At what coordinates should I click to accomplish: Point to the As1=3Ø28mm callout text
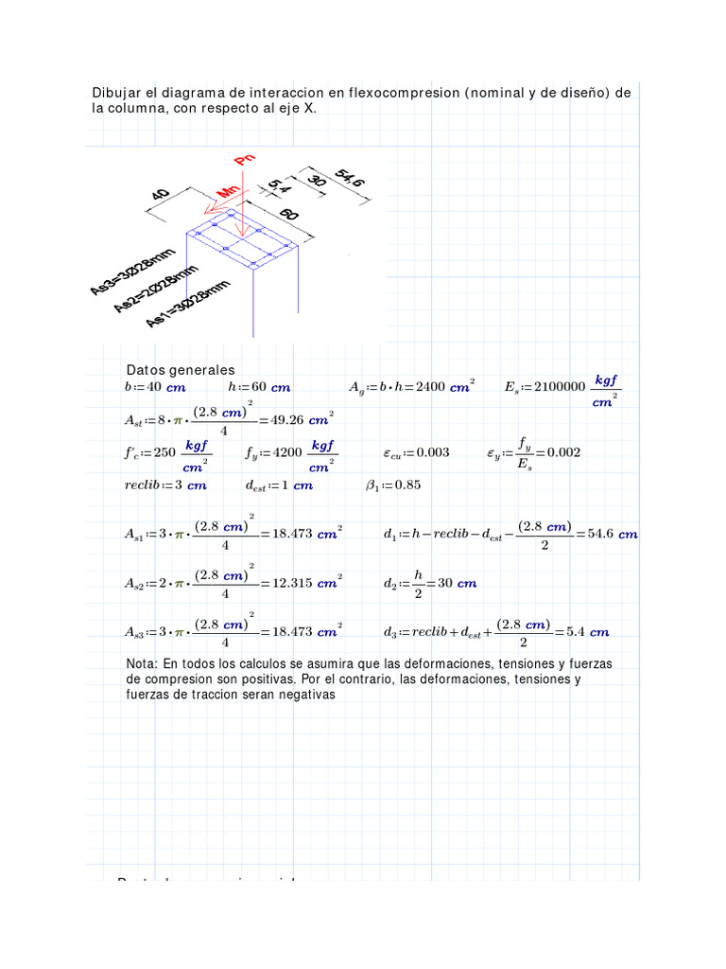point(188,303)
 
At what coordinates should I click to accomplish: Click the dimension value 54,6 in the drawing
point(348,185)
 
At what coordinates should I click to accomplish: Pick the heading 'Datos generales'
point(180,370)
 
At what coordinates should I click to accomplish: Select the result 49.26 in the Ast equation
point(290,419)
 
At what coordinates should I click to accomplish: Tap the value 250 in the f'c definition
point(164,452)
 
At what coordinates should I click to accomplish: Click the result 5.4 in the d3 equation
point(575,632)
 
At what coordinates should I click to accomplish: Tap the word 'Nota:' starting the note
point(143,664)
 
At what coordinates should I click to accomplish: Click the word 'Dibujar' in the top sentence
point(114,93)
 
